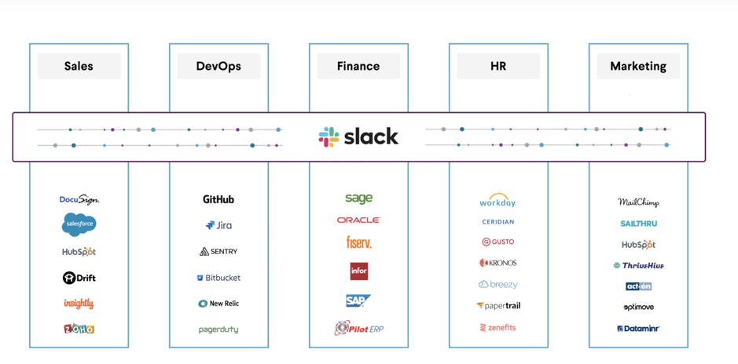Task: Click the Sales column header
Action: click(x=79, y=67)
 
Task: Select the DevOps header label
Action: click(x=218, y=67)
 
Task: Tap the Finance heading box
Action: click(x=358, y=67)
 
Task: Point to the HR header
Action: click(x=498, y=67)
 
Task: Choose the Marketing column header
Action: click(x=638, y=67)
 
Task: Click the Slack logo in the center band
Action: click(x=358, y=137)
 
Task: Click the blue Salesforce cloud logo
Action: click(x=79, y=224)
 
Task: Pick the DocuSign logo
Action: click(x=79, y=200)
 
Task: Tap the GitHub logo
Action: click(x=218, y=199)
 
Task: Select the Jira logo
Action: click(x=218, y=225)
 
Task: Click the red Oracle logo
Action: click(x=358, y=220)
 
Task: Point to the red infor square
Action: click(x=358, y=271)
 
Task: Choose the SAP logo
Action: click(x=358, y=300)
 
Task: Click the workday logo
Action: click(x=498, y=202)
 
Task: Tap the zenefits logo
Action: click(x=498, y=328)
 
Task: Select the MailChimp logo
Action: click(x=638, y=202)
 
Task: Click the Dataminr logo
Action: click(x=638, y=329)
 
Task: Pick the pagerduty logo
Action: click(x=218, y=329)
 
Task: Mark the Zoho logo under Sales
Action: click(x=79, y=329)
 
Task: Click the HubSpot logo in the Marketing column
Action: click(x=638, y=245)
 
